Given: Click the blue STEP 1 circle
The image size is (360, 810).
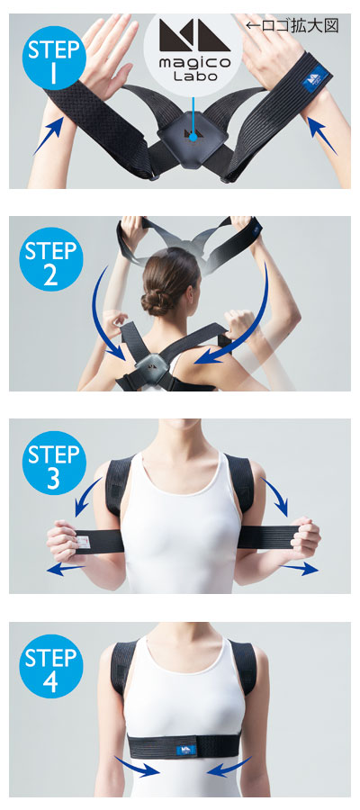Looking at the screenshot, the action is pos(54,58).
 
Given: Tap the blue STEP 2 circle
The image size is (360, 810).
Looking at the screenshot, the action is pos(51,259).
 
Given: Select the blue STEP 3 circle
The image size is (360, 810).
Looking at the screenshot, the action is pos(54,463).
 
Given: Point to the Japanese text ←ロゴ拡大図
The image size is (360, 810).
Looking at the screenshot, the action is pos(292,26).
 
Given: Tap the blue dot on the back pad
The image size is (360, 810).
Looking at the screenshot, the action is pos(193,137).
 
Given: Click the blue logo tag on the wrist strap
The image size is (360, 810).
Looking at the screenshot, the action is pos(317,78).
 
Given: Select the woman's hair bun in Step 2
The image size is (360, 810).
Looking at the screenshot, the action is pos(156,301).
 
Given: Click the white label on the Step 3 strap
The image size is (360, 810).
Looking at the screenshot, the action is pos(82,542).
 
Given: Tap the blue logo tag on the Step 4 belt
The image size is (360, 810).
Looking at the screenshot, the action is pos(186,750).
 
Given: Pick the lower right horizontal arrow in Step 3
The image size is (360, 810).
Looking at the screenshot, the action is pos(299,569).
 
